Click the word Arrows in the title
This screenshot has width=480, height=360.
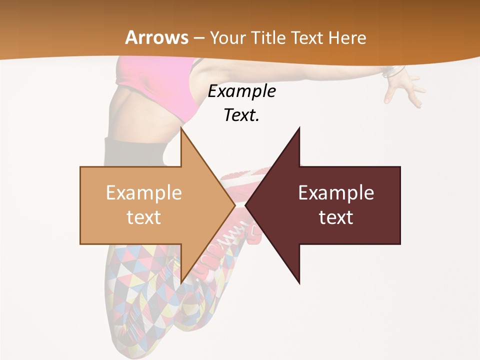156,37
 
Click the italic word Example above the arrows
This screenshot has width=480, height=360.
241,91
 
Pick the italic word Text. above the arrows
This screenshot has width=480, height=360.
241,115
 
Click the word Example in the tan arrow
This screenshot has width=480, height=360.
143,192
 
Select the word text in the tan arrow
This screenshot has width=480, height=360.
143,217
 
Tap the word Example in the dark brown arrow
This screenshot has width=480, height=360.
336,192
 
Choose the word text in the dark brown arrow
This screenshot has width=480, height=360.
336,217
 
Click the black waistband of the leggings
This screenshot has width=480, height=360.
135,150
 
